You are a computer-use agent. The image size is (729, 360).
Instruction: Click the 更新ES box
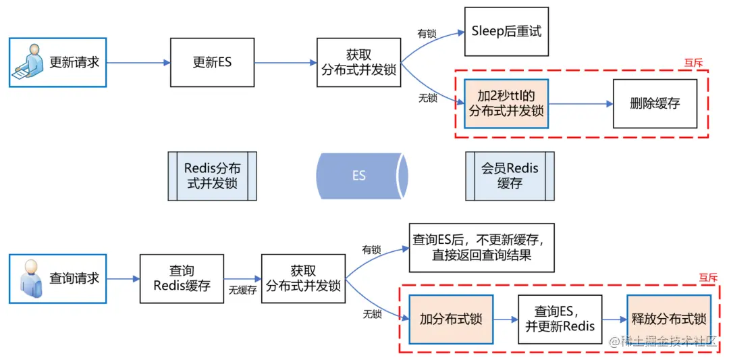tap(211, 62)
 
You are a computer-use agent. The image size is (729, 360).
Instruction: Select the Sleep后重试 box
tap(506, 31)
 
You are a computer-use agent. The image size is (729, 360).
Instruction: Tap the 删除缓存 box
tap(654, 103)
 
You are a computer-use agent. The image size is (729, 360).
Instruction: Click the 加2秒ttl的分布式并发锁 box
tap(506, 103)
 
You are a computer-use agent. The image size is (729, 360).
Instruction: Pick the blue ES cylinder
tap(360, 176)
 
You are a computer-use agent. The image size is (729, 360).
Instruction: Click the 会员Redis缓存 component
tap(510, 176)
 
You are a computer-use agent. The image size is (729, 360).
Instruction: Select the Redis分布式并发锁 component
tap(212, 176)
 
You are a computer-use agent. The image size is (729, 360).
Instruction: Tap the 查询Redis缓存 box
tap(182, 278)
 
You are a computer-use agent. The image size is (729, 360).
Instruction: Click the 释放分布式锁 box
tap(668, 319)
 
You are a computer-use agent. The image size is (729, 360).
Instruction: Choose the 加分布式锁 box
tap(451, 319)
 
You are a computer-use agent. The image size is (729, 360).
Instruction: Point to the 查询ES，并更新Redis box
tap(560, 319)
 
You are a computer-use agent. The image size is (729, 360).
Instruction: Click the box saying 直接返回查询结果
tap(481, 247)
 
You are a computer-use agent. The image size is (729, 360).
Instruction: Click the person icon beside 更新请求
tap(28, 62)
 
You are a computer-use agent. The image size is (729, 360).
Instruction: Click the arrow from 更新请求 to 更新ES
tap(138, 63)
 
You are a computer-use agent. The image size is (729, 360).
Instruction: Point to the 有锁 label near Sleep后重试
tap(427, 33)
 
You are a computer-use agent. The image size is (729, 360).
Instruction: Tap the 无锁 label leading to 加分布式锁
tap(372, 314)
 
